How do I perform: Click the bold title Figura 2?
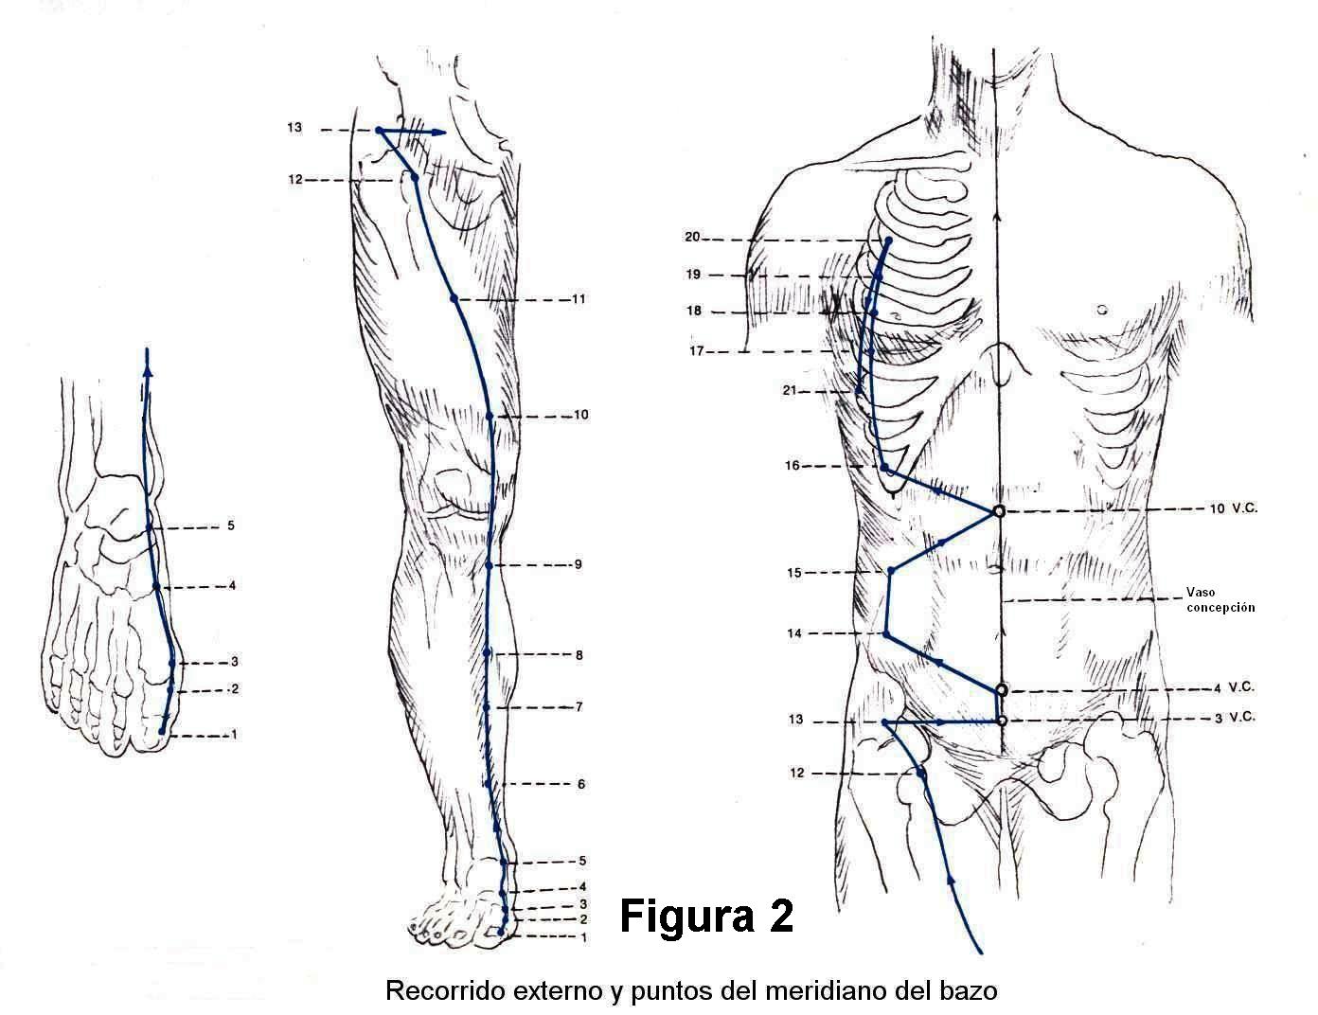[x=706, y=917]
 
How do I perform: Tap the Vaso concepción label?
[x=1220, y=599]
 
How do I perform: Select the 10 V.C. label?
[x=1233, y=508]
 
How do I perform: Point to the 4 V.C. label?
[x=1236, y=686]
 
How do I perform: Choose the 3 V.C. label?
[x=1235, y=717]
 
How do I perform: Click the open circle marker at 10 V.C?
[x=998, y=511]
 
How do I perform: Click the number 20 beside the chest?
[x=692, y=238]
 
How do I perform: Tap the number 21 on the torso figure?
[x=790, y=390]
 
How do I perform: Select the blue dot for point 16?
[x=884, y=469]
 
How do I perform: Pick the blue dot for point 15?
[x=891, y=571]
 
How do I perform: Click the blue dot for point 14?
[x=886, y=634]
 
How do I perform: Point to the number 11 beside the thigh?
[x=579, y=299]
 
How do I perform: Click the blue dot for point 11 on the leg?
[x=454, y=299]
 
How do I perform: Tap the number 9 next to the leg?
[x=578, y=565]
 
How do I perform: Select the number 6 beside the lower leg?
[x=581, y=784]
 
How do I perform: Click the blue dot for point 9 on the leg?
[x=489, y=565]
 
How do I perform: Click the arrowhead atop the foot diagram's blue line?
[x=147, y=355]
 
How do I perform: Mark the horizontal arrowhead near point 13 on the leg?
[x=439, y=133]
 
